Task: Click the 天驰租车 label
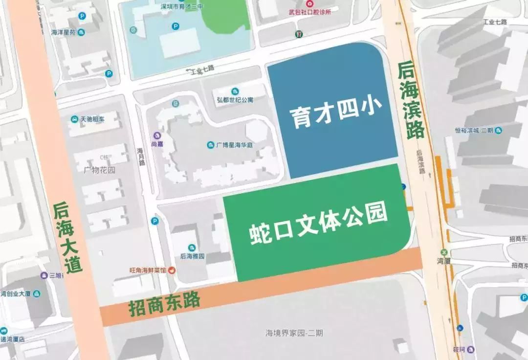(89, 119)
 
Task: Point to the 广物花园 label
(99, 171)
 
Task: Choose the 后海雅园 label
(192, 256)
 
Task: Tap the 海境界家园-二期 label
(294, 334)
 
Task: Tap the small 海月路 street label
(141, 157)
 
